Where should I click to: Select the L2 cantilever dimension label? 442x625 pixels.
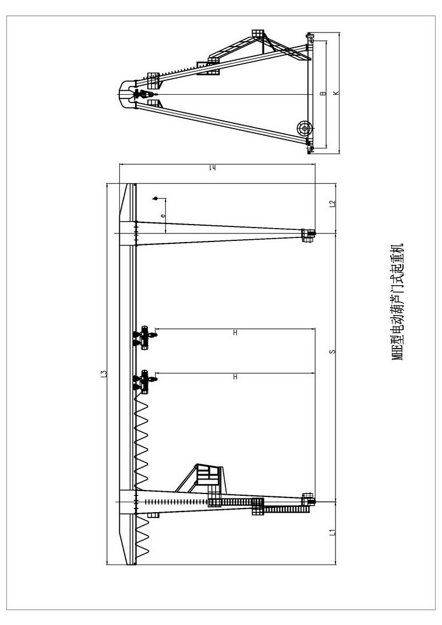point(332,203)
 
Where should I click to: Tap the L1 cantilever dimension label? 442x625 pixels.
point(332,532)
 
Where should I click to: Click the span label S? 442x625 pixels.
point(332,351)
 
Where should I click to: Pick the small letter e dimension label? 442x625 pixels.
point(162,216)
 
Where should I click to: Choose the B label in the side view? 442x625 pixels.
point(323,93)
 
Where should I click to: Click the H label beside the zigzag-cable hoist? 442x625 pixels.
point(235,377)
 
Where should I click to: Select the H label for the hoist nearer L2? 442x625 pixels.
point(235,332)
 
